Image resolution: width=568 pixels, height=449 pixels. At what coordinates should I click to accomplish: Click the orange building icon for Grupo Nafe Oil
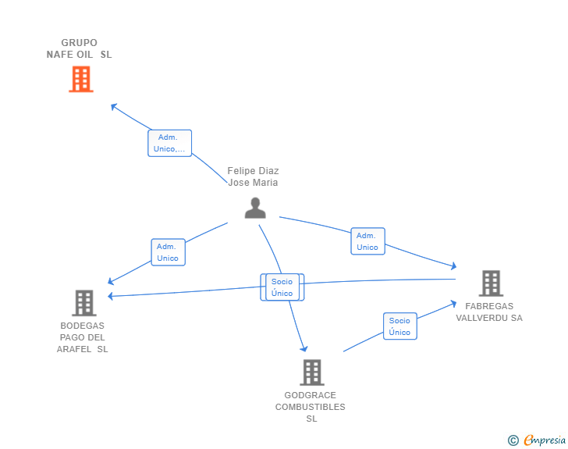(81, 79)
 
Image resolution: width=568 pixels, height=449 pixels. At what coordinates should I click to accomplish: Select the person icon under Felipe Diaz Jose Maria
(255, 208)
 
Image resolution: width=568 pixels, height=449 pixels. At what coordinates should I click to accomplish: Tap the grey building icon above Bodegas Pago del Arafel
(83, 303)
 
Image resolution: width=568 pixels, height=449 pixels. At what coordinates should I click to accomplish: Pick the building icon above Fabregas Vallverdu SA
(490, 283)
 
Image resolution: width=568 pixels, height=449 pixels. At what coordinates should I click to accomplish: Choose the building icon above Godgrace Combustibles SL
(311, 372)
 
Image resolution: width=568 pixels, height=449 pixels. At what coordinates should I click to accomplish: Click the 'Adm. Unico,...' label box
(169, 143)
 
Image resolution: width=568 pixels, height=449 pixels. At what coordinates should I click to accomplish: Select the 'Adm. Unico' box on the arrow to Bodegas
(168, 252)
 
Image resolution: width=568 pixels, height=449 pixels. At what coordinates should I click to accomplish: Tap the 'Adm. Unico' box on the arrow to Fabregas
(367, 241)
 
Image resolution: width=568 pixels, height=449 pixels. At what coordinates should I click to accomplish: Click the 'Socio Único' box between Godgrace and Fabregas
(399, 326)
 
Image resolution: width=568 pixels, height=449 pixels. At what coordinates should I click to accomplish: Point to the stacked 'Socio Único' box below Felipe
(282, 287)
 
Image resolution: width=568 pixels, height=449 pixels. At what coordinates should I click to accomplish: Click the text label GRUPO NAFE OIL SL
(79, 48)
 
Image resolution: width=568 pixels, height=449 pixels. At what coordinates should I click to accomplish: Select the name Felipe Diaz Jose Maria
(253, 176)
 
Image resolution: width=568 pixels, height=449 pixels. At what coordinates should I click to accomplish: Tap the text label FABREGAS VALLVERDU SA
(489, 312)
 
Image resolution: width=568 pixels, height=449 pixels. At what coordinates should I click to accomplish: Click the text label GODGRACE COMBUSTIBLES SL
(311, 407)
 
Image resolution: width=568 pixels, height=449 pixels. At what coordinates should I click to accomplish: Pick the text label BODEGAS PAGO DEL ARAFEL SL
(83, 337)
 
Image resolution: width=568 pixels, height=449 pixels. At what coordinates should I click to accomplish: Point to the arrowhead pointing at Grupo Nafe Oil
(114, 106)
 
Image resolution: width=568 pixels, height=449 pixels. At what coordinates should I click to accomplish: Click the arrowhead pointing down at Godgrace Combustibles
(304, 349)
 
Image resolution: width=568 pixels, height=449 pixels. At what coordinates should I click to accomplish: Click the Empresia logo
(544, 440)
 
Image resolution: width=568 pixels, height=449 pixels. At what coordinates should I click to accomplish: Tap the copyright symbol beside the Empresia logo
(513, 441)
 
